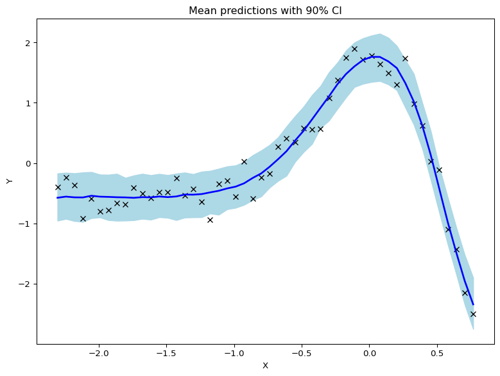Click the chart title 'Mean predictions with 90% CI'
(265, 11)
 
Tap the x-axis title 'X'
(265, 366)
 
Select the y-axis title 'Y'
(10, 181)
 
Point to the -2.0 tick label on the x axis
(98, 353)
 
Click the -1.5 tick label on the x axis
(166, 353)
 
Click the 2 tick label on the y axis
(28, 43)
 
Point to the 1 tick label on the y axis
(28, 103)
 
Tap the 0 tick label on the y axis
(28, 163)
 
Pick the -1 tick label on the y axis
(26, 224)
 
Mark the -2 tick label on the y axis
(26, 284)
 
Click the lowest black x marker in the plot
(473, 314)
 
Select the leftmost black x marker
(58, 187)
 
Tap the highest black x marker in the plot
(354, 49)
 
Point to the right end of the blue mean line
(473, 304)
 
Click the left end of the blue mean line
(58, 197)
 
